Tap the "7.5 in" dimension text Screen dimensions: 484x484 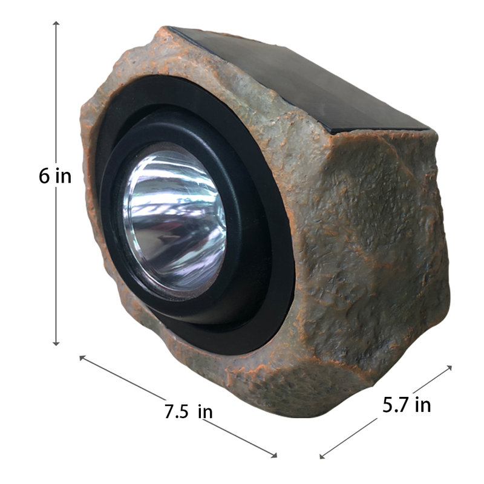pos(188,411)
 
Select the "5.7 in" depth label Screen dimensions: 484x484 pos(407,405)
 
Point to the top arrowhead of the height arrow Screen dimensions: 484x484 pos(56,24)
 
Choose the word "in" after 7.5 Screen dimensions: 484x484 pos(205,411)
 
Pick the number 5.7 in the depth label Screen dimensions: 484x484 pos(395,405)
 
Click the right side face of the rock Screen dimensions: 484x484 pos(381,242)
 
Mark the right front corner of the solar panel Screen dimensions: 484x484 pos(428,128)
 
